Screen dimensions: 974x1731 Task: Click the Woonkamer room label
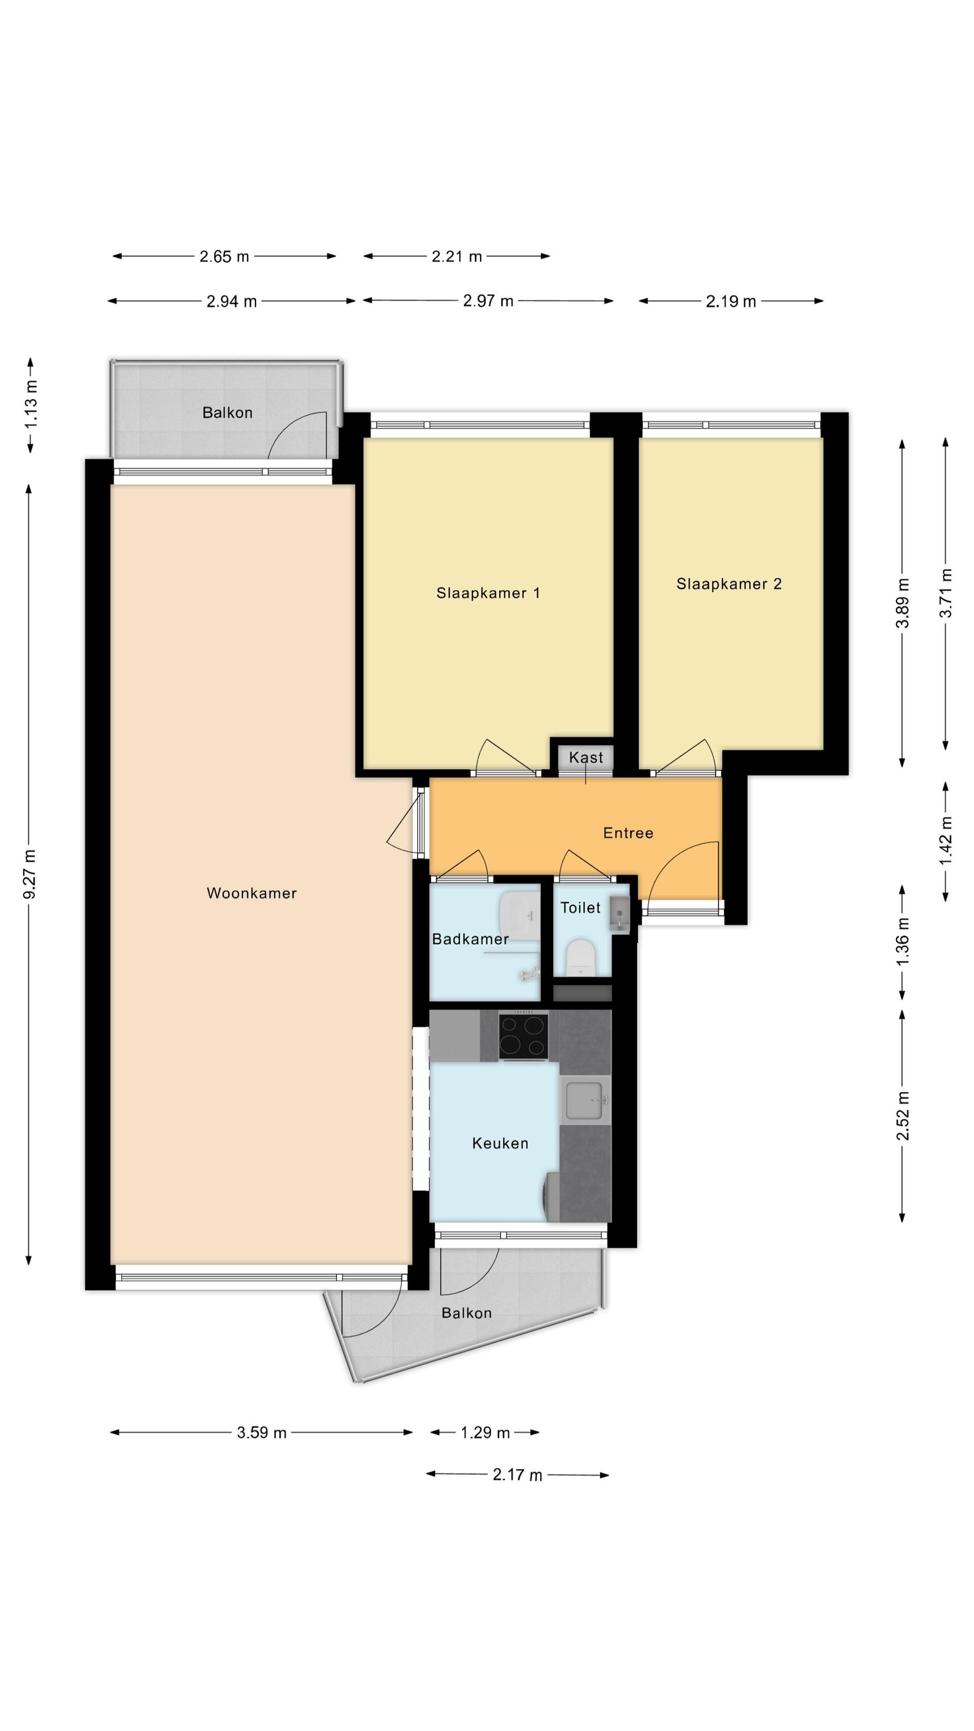click(252, 893)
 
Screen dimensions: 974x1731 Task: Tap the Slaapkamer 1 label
click(488, 593)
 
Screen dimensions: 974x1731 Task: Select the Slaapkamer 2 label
click(729, 584)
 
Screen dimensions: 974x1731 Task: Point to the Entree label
click(628, 833)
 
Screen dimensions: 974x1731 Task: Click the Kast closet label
click(586, 757)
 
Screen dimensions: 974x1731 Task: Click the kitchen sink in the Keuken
click(587, 1100)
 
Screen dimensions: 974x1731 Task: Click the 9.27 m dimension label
click(30, 874)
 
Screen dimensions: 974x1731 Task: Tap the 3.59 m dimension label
click(261, 1433)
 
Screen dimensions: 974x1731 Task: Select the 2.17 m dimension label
click(517, 1475)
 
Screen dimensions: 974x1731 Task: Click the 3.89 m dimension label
click(902, 603)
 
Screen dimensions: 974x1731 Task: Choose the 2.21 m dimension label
click(456, 256)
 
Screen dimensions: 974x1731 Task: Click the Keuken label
click(500, 1143)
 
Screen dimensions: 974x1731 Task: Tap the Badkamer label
click(470, 939)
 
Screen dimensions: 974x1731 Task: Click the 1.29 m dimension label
click(485, 1433)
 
